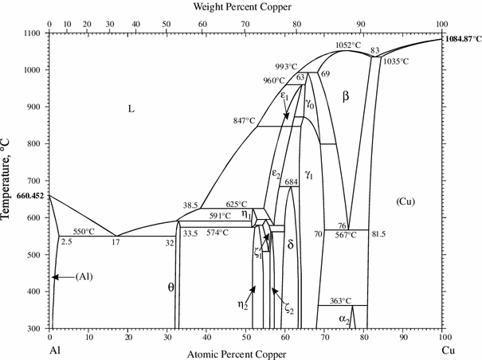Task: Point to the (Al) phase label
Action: (x=86, y=277)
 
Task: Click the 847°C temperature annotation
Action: (x=244, y=120)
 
